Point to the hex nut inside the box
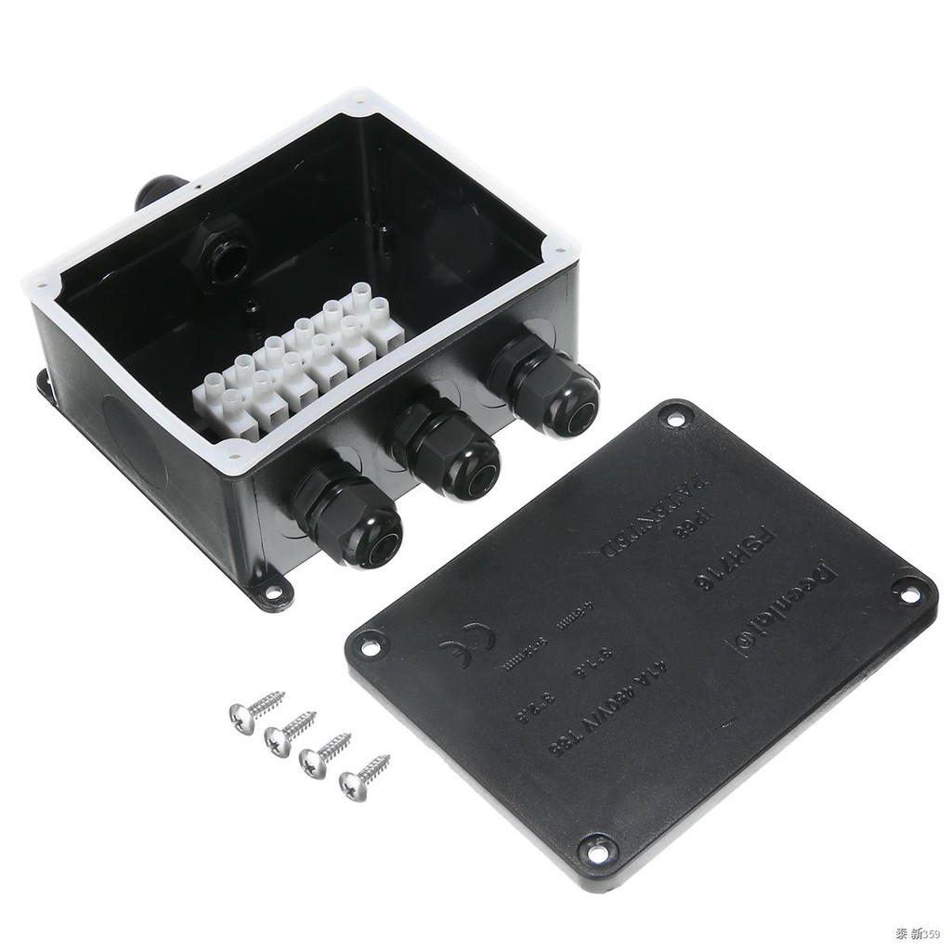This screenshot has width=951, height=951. (x=218, y=247)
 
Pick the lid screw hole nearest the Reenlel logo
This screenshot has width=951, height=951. (x=907, y=591)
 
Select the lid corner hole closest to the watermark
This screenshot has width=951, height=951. (x=596, y=848)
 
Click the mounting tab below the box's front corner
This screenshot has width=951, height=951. (x=270, y=591)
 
